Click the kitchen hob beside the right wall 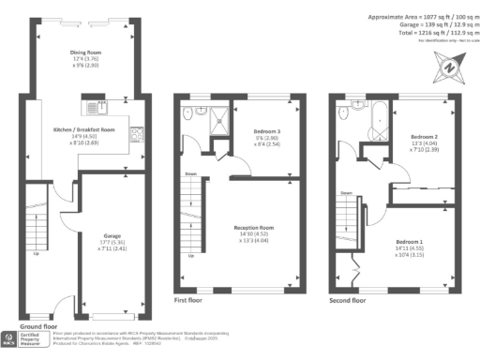click(x=136, y=133)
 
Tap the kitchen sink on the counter click(x=104, y=106)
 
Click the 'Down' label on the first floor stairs click(x=191, y=173)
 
